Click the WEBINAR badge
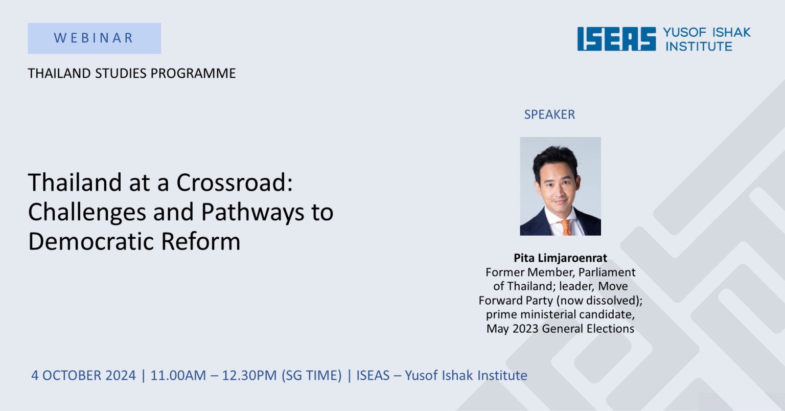tap(94, 38)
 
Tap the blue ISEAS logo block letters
tap(616, 39)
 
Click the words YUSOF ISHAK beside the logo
tap(706, 32)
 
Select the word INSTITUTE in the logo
tap(699, 47)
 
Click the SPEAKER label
tap(549, 115)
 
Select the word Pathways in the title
tap(252, 212)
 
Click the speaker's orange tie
tap(565, 227)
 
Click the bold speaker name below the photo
tap(560, 258)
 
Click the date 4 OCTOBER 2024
tap(83, 375)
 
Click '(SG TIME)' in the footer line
tap(312, 375)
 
